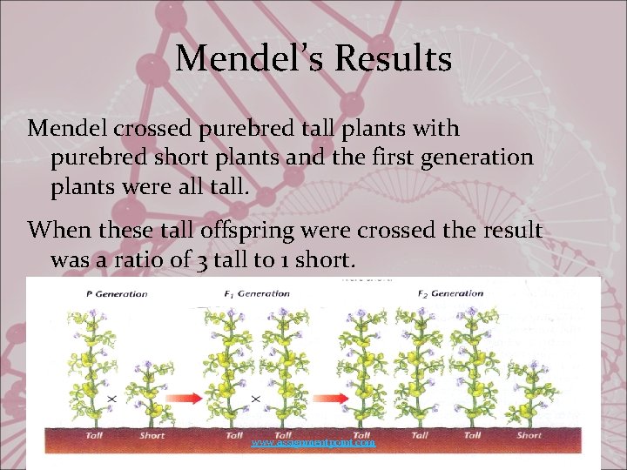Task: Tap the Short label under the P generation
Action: [x=152, y=435]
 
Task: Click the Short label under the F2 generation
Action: [x=529, y=435]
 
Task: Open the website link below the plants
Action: [x=313, y=444]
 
